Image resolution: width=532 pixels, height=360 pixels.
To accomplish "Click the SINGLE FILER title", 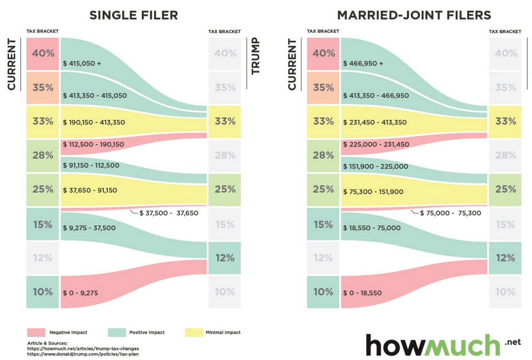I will click(133, 15).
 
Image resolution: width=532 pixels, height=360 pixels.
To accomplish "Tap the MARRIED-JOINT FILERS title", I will click(414, 15).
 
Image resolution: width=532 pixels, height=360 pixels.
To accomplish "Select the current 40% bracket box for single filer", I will click(42, 53).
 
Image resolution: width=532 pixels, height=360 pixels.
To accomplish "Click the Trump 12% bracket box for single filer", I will click(224, 258).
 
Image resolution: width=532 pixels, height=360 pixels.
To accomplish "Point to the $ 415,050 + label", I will click(82, 63).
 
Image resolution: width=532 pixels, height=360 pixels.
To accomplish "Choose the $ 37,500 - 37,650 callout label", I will click(169, 213).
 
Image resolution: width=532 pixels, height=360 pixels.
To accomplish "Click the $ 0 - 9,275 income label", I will click(80, 293).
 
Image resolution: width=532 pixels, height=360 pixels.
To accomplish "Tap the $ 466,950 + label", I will click(363, 63).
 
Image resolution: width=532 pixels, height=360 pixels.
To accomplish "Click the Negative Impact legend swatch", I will click(36, 332).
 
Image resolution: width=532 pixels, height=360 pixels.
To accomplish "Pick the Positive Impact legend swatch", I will click(117, 332).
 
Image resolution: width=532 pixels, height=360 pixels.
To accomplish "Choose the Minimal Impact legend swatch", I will click(194, 332).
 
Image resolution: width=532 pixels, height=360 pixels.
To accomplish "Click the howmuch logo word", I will click(433, 346).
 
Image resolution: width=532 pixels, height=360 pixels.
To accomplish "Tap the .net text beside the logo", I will click(512, 342).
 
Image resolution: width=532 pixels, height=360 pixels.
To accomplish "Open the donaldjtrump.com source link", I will click(83, 354).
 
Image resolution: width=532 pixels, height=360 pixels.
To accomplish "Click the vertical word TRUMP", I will click(256, 56).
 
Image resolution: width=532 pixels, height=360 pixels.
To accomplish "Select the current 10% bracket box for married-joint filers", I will click(323, 292).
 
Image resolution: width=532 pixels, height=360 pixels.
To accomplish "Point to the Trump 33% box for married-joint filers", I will click(505, 121).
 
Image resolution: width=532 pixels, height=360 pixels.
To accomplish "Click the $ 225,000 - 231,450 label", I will click(376, 145).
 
